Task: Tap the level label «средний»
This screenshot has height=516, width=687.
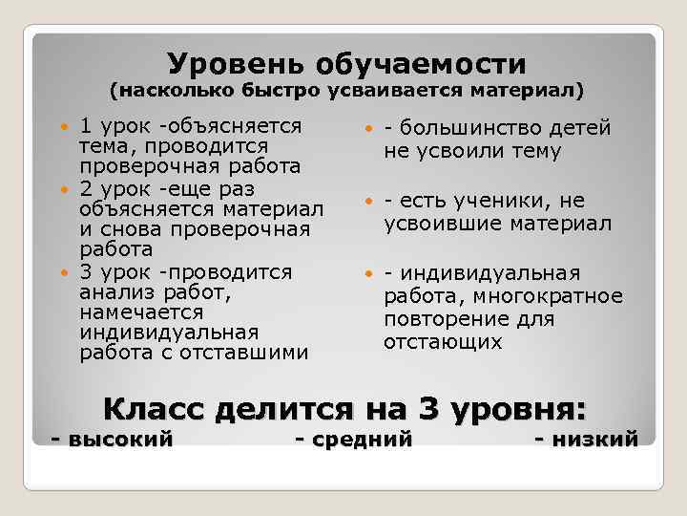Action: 364,440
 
